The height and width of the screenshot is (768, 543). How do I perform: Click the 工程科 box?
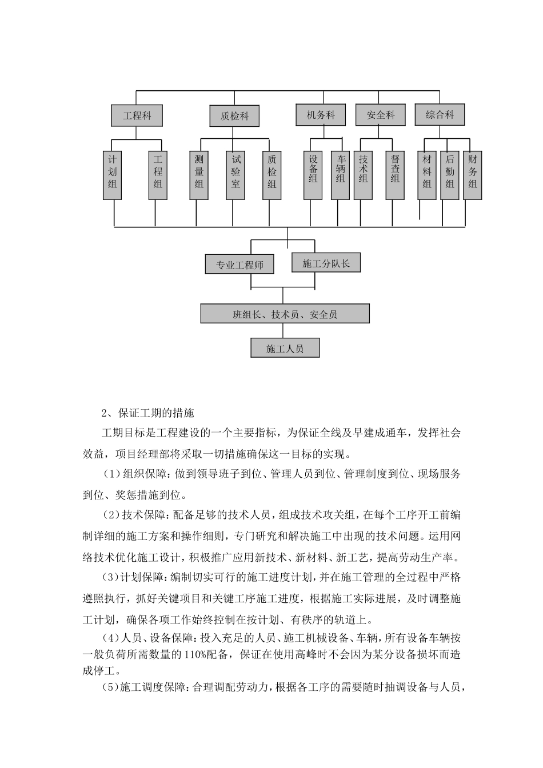tap(137, 116)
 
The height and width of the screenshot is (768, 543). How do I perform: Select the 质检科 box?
tap(234, 116)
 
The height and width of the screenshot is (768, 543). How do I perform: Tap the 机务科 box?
tap(321, 115)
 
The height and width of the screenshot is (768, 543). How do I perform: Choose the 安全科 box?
tap(381, 115)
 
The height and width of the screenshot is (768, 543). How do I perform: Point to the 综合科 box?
tap(440, 115)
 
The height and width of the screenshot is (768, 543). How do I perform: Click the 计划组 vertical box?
tap(113, 175)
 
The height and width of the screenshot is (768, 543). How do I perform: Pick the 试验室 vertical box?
tap(235, 175)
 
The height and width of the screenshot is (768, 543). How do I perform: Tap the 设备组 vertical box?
tap(313, 175)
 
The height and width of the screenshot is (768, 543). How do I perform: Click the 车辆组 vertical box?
tap(340, 175)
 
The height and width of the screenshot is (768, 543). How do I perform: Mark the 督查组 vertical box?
tap(395, 175)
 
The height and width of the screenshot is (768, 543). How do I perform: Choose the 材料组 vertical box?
tap(427, 175)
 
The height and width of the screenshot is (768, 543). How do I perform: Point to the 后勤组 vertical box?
tap(450, 175)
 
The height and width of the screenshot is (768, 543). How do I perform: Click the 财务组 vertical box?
tap(473, 175)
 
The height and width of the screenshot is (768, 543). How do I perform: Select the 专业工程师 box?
tap(239, 265)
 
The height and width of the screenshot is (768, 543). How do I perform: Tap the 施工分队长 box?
tap(326, 263)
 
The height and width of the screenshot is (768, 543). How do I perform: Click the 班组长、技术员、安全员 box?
tap(285, 314)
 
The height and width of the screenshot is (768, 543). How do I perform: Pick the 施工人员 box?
tap(285, 348)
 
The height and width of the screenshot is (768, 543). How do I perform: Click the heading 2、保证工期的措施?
tap(148, 413)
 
